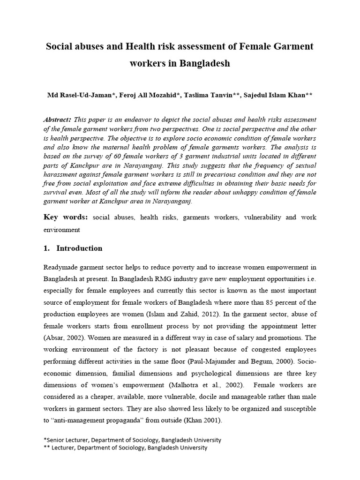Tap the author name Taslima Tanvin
coord(209,95)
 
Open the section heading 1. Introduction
coord(73,248)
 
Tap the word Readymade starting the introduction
coord(60,267)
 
